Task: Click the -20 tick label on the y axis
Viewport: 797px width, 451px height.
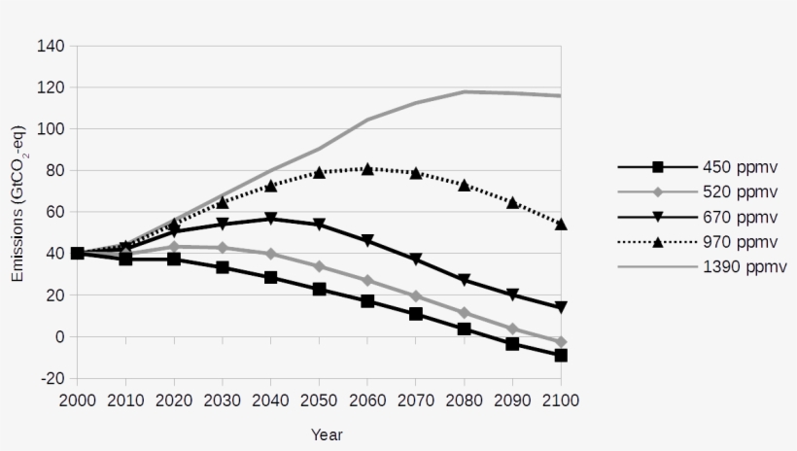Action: click(x=52, y=379)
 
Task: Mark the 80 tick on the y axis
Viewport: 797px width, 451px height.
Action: click(x=55, y=170)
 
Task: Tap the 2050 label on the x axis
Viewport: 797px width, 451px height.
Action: click(x=319, y=399)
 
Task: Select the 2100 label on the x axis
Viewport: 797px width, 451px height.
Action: click(x=561, y=399)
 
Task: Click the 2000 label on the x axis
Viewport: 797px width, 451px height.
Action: click(x=78, y=399)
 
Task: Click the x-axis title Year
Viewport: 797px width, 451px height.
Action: click(x=327, y=434)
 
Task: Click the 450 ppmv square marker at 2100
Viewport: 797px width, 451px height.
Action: click(x=561, y=356)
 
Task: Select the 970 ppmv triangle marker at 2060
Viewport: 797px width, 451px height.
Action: click(x=367, y=168)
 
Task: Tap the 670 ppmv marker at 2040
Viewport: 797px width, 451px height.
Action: click(x=270, y=219)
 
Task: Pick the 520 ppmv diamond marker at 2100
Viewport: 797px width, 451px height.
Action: click(x=561, y=342)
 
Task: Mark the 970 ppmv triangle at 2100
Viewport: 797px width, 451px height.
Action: click(x=561, y=225)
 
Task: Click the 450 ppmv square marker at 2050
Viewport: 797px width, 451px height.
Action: click(x=319, y=290)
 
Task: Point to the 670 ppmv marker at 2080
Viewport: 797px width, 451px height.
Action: click(x=464, y=280)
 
